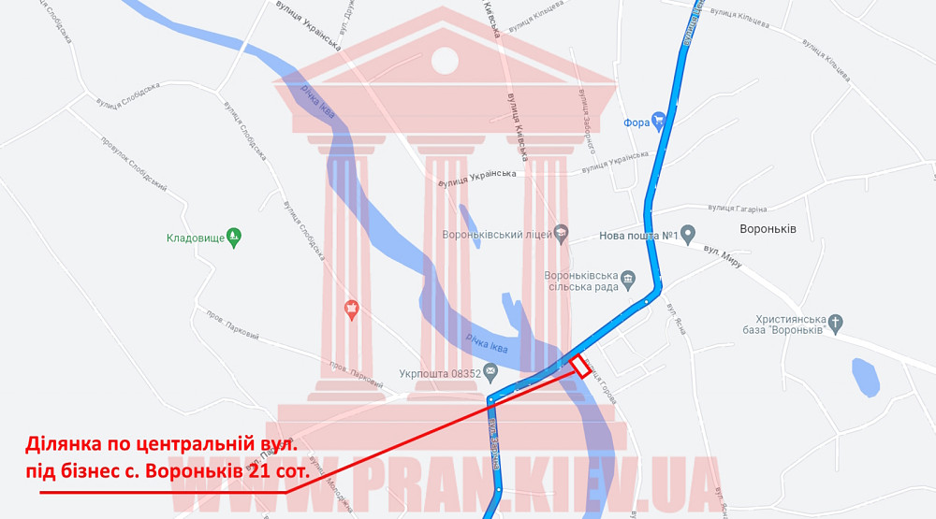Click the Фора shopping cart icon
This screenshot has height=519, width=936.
[x=659, y=120]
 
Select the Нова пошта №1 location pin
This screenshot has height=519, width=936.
[x=688, y=233]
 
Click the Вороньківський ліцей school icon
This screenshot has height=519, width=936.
[x=561, y=233]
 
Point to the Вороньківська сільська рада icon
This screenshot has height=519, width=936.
[x=629, y=279]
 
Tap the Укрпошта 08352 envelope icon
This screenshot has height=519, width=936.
[x=492, y=374]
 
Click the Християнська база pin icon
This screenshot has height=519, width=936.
[x=836, y=324]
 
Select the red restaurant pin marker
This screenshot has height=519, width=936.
[x=352, y=309]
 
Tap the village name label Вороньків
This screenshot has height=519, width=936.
[x=768, y=230]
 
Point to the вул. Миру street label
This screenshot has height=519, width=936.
[x=723, y=258]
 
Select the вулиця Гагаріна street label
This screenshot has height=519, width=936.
[x=738, y=209]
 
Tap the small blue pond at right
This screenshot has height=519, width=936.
[x=865, y=378]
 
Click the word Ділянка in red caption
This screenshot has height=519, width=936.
[x=67, y=442]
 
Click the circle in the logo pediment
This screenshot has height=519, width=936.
[x=445, y=60]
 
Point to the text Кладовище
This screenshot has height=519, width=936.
[x=196, y=238]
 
